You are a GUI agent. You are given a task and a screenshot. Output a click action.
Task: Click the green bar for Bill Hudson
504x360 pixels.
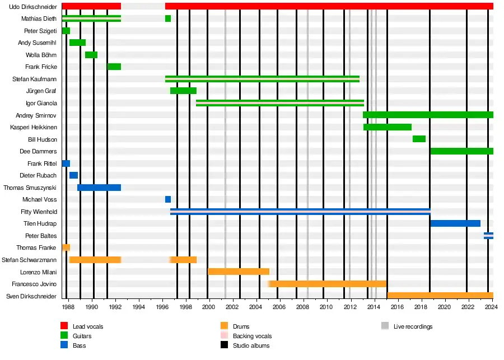pyautogui.click(x=419, y=139)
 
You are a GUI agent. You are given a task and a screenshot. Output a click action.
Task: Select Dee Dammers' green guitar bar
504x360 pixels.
pyautogui.click(x=461, y=151)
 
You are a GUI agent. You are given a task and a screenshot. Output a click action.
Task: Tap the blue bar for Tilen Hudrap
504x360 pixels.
pyautogui.click(x=455, y=223)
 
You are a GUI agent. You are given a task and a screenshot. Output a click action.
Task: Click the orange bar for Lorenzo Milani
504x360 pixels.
pyautogui.click(x=239, y=272)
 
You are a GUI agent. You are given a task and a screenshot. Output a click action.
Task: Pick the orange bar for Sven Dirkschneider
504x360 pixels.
pyautogui.click(x=440, y=296)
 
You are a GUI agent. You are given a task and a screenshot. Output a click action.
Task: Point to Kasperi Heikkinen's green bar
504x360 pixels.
pyautogui.click(x=388, y=127)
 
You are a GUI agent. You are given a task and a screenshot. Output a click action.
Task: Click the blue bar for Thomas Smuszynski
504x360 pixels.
pyautogui.click(x=99, y=188)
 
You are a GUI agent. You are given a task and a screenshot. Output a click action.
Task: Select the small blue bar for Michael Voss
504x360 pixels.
pyautogui.click(x=168, y=199)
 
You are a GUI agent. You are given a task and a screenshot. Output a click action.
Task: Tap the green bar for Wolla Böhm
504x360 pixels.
pyautogui.click(x=91, y=55)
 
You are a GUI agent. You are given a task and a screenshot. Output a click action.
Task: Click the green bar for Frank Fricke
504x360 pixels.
pyautogui.click(x=114, y=67)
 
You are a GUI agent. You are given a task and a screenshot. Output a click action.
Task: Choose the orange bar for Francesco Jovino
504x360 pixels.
pyautogui.click(x=328, y=284)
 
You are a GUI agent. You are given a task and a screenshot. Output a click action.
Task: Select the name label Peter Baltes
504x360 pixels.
pyautogui.click(x=41, y=236)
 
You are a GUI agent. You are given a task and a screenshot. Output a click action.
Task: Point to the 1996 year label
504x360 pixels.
pyautogui.click(x=162, y=307)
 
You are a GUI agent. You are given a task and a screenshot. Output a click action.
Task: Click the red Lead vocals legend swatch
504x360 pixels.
pyautogui.click(x=64, y=326)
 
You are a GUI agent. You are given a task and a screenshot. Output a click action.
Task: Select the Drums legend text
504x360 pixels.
pyautogui.click(x=241, y=326)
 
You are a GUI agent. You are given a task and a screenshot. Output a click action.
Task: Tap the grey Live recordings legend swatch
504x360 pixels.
pyautogui.click(x=385, y=326)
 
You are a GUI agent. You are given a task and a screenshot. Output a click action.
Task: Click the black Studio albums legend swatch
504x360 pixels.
pyautogui.click(x=225, y=345)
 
